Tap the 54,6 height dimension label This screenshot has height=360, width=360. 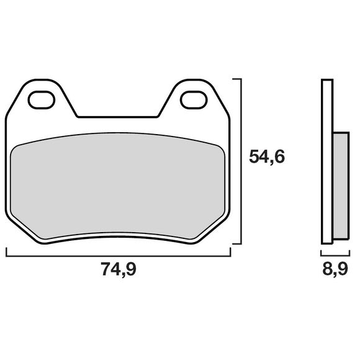tap(267, 156)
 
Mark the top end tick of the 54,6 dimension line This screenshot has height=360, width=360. tap(236, 79)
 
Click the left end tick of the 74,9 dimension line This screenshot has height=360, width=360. tap(6, 252)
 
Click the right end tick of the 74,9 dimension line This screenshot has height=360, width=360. tap(230, 252)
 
